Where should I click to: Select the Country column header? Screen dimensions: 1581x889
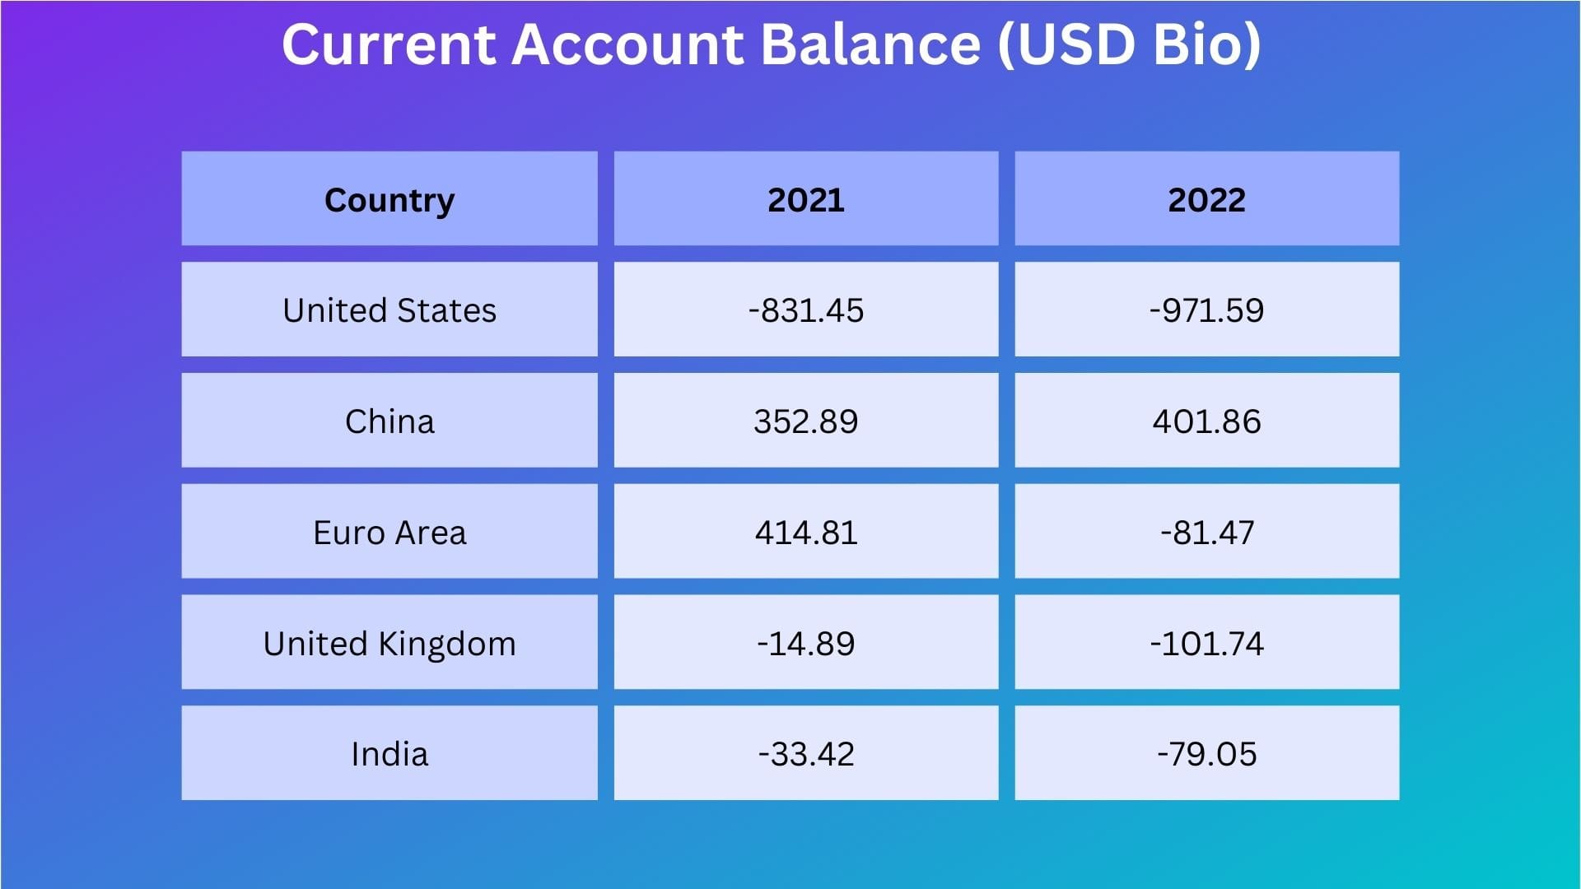click(x=389, y=200)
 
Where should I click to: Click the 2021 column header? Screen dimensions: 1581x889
click(x=806, y=200)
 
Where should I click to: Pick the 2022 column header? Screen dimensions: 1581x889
click(x=1206, y=200)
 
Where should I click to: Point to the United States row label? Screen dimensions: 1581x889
click(x=389, y=310)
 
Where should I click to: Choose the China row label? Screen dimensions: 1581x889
click(x=389, y=421)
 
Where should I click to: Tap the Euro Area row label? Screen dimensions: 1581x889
click(x=389, y=533)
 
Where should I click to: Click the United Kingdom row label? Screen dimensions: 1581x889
click(x=389, y=644)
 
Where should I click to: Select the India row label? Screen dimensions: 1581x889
click(x=389, y=754)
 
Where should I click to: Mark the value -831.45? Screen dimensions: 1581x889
click(x=806, y=310)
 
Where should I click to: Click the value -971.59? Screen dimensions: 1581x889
click(x=1206, y=310)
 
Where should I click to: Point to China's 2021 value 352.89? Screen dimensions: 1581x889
click(x=806, y=421)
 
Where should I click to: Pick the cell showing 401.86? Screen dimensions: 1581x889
click(x=1206, y=421)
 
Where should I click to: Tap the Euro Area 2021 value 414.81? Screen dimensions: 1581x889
click(x=806, y=533)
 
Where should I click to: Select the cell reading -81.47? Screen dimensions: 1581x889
click(x=1206, y=533)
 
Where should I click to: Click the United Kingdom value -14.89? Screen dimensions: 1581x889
click(x=806, y=644)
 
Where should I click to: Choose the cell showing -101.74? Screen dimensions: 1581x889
click(x=1206, y=644)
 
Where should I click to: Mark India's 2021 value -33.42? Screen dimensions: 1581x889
click(x=806, y=754)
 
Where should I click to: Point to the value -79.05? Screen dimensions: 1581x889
click(x=1206, y=754)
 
